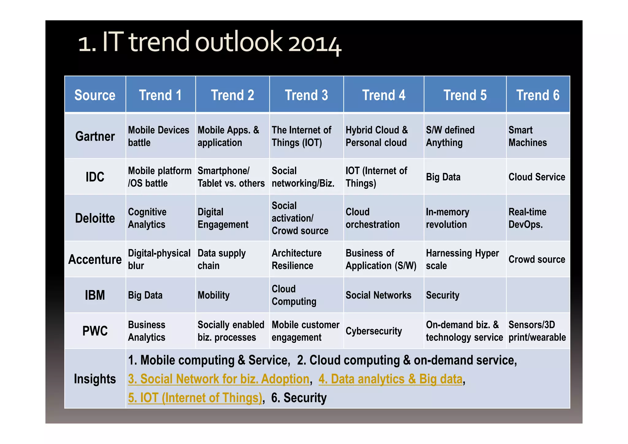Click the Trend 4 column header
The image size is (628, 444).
tap(384, 95)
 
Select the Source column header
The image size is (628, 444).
tap(95, 95)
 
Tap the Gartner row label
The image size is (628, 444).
tap(95, 136)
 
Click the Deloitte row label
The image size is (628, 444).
tap(95, 218)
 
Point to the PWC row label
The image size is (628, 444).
tap(95, 331)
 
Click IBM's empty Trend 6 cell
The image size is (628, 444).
tap(538, 295)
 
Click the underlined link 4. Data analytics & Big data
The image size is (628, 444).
tap(390, 379)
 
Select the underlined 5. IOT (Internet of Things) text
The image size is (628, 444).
tap(195, 398)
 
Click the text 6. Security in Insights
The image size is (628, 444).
tap(299, 398)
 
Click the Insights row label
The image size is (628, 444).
tap(95, 379)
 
